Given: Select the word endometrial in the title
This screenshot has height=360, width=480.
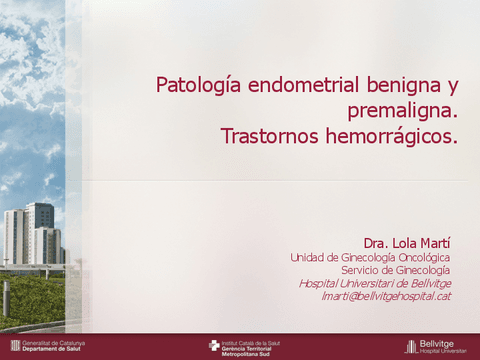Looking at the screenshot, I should (x=290, y=85).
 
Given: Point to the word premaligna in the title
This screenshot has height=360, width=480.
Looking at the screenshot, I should (x=400, y=110).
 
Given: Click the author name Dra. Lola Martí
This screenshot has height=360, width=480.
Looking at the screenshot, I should (x=407, y=243).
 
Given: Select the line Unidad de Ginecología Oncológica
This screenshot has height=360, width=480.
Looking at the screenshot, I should (x=370, y=257).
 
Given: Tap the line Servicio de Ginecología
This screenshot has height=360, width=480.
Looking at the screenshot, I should (x=395, y=270).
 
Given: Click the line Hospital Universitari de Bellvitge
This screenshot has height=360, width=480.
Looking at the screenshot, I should (x=375, y=283).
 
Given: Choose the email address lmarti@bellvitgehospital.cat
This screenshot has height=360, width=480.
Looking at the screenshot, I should (x=386, y=296).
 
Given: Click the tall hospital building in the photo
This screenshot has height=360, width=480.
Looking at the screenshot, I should (x=40, y=230).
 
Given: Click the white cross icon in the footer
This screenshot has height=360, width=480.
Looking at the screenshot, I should (x=214, y=346).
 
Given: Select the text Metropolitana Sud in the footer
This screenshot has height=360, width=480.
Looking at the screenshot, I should (x=248, y=354).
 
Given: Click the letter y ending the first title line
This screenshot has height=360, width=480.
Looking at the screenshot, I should (x=453, y=87).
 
